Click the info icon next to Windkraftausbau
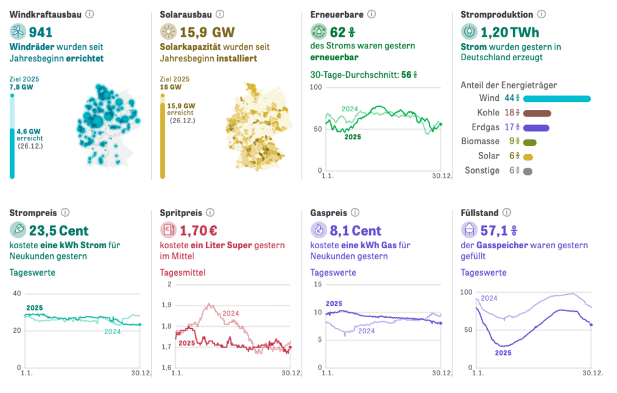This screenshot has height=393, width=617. coord(90,14)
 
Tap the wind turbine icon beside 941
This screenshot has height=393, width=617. coord(18,31)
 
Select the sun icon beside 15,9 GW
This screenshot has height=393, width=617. coord(169,31)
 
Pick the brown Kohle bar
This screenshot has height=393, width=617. coord(537,113)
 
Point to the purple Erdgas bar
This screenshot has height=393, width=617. coord(536,128)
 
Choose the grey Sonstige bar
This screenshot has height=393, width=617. coord(528,171)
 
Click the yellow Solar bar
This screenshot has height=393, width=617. coord(528,157)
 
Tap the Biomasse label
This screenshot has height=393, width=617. coord(481,141)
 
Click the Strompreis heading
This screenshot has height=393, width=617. coord(33,213)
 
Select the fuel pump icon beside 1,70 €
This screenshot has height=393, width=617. coord(169,230)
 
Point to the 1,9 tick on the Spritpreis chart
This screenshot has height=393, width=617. coord(167,305)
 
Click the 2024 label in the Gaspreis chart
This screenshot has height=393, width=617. coord(366,331)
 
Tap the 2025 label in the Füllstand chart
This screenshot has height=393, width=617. coord(503,352)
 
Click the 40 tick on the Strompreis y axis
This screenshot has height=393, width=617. coord(16,293)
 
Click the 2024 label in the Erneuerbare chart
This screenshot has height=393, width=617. coord(350,109)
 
